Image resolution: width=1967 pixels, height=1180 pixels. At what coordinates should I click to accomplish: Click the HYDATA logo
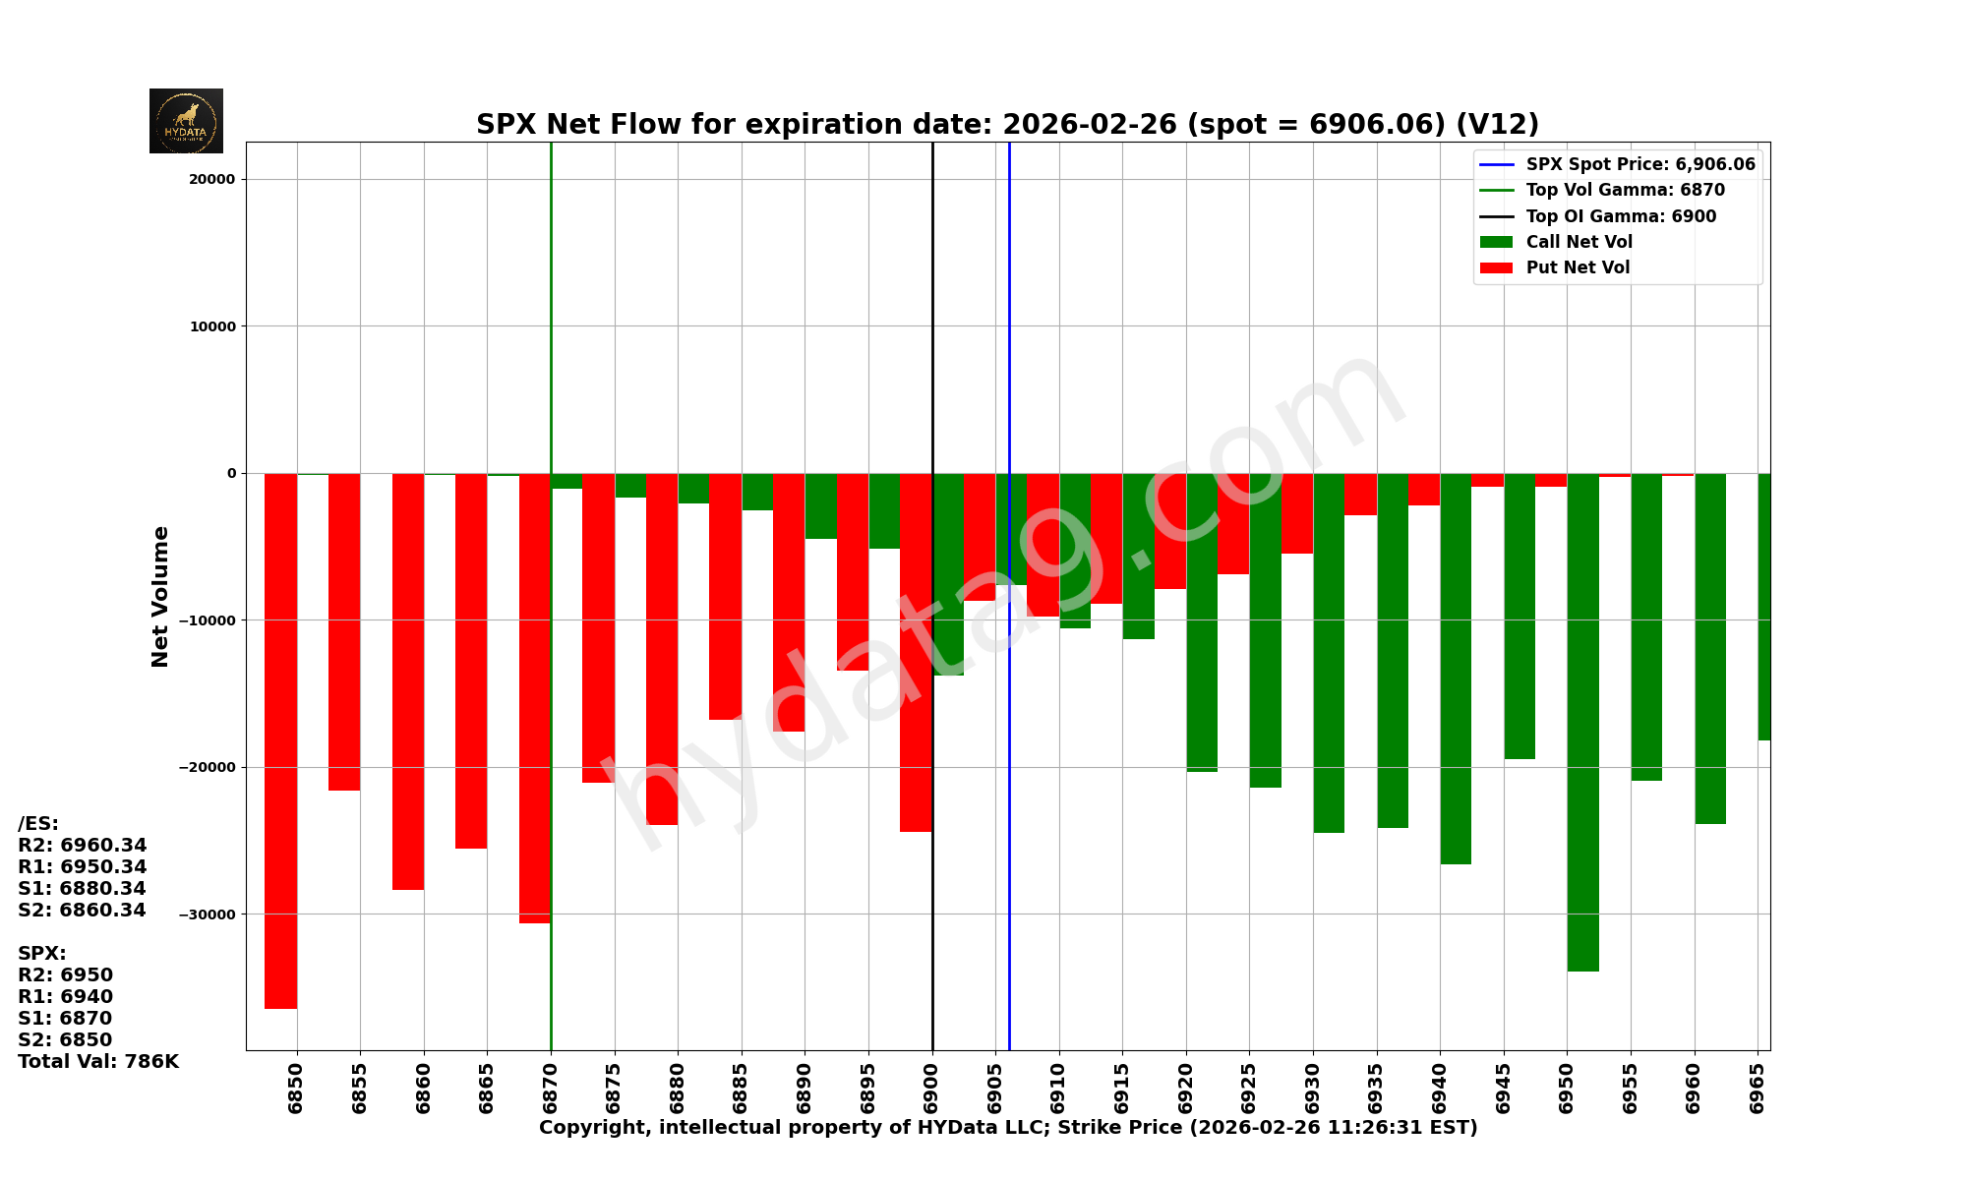pos(186,121)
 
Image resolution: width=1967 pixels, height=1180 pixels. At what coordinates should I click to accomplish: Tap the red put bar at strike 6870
pos(534,698)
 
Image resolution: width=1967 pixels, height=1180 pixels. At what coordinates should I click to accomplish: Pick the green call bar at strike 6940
pos(1456,669)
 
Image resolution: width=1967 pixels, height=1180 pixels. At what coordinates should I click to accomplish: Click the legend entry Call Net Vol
pos(1579,242)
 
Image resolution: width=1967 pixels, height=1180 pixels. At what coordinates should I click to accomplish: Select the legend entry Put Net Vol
pos(1578,267)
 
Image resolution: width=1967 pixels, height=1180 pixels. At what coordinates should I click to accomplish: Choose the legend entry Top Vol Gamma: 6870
pos(1625,191)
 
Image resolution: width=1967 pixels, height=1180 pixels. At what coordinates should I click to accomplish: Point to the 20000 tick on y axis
pos(212,179)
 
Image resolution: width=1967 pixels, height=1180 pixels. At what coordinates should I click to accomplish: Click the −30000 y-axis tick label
pos(208,914)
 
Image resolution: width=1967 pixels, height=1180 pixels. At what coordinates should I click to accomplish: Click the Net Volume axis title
pos(160,596)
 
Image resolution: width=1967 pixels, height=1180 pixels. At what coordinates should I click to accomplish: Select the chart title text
pos(1007,125)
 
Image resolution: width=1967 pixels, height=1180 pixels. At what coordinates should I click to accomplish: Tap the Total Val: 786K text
pos(98,1062)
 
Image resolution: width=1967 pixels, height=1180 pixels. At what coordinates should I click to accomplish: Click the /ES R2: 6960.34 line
pos(83,846)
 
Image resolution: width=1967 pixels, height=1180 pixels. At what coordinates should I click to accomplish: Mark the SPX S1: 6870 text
pos(65,1019)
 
